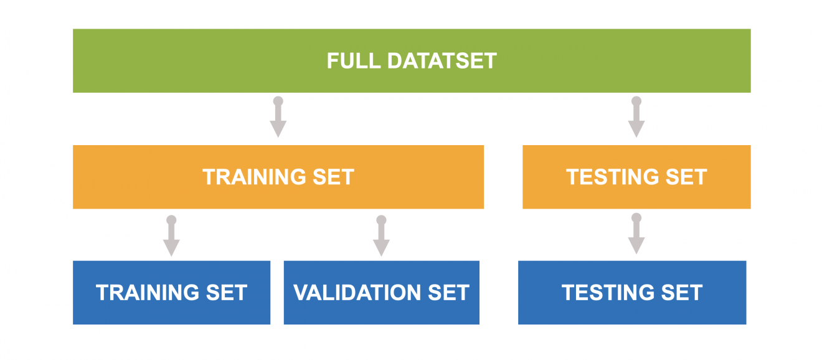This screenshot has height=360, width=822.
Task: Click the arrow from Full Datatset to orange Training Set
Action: coord(278,118)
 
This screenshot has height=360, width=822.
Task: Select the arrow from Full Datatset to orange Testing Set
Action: coord(636,118)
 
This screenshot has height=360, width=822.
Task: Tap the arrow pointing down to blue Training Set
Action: coord(171,237)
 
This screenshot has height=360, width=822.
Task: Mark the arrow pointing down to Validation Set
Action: coord(381,237)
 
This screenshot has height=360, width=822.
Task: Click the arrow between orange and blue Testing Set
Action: coord(636,235)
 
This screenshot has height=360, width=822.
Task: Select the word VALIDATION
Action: coord(356,293)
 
